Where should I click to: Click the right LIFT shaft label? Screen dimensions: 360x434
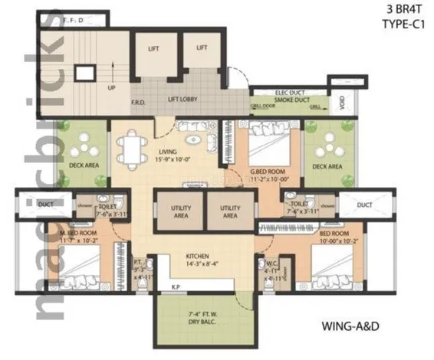202,47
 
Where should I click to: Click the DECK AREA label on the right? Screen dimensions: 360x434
327,165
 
